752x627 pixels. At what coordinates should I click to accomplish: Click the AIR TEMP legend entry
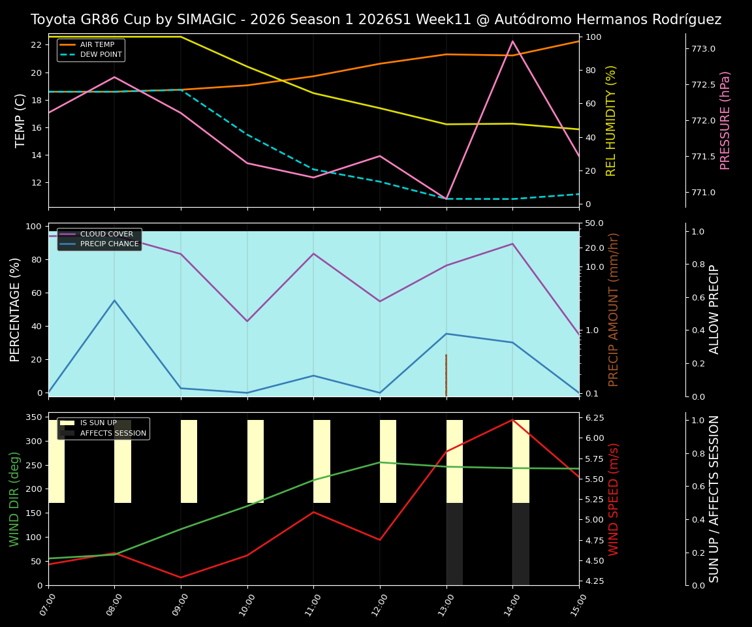[x=97, y=45]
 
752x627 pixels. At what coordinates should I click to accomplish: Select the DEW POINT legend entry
[x=101, y=55]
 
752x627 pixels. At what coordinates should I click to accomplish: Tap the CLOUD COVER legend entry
[x=106, y=234]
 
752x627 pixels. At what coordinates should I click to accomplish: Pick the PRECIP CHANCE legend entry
[x=109, y=244]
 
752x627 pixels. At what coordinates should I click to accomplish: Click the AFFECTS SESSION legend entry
[x=113, y=433]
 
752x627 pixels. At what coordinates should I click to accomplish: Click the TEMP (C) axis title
[x=20, y=120]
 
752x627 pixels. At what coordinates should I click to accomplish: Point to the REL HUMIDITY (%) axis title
[x=611, y=120]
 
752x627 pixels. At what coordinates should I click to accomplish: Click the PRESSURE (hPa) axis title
[x=725, y=120]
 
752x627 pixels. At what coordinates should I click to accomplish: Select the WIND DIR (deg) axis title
[x=14, y=499]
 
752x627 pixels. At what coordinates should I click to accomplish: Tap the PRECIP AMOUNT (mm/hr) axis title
[x=614, y=310]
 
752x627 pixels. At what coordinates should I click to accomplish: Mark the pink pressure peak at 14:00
[x=512, y=41]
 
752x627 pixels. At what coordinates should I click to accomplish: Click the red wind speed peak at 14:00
[x=512, y=419]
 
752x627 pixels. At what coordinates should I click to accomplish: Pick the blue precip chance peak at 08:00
[x=114, y=300]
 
